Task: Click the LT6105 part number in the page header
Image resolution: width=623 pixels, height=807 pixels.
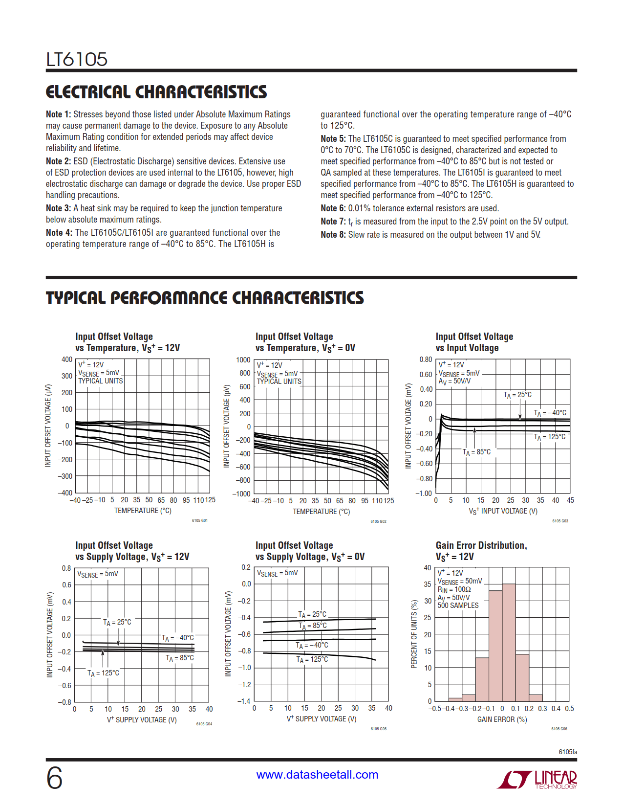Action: (77, 59)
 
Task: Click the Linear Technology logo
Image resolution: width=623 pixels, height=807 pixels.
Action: (537, 779)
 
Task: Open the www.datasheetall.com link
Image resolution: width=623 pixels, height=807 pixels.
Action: (317, 775)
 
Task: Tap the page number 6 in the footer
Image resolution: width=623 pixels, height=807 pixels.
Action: (54, 778)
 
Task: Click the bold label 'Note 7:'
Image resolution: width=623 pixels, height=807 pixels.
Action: (333, 222)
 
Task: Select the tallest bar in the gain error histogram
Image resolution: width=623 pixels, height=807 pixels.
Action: (509, 642)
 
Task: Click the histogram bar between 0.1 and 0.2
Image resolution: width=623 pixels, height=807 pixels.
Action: (522, 677)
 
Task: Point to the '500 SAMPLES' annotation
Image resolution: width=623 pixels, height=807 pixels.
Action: (458, 605)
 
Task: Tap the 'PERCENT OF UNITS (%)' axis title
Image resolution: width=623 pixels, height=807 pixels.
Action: (414, 634)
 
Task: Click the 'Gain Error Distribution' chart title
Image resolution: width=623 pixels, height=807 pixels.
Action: (481, 545)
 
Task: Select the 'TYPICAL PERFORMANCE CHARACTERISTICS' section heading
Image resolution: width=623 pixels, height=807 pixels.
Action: (205, 298)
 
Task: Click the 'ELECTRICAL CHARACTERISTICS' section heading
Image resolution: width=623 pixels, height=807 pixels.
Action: (156, 92)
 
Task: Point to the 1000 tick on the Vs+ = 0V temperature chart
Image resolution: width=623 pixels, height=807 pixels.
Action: (243, 360)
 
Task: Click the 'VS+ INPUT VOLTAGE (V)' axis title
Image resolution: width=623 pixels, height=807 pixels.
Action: (503, 511)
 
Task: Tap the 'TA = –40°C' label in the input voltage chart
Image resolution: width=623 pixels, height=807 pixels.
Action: (550, 413)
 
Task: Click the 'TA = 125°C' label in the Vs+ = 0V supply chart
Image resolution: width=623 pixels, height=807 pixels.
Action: (312, 659)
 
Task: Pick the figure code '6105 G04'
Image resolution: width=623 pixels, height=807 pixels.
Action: (204, 724)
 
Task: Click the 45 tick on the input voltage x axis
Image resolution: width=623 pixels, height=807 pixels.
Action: (570, 500)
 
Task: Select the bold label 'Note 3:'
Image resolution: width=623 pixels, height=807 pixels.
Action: (59, 208)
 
